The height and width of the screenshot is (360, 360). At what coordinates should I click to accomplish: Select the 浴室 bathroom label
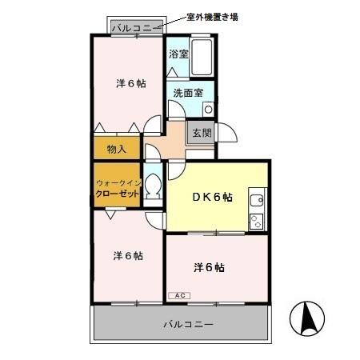click(178, 54)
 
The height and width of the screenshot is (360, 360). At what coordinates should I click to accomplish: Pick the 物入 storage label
click(116, 148)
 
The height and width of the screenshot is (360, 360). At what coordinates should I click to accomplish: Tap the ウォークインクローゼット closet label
click(118, 188)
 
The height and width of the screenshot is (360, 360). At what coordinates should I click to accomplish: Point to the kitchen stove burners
click(258, 219)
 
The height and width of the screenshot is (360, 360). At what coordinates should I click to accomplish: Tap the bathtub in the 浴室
click(202, 56)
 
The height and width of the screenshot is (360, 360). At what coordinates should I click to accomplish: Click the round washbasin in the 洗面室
click(208, 108)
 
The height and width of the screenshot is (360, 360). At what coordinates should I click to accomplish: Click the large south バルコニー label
click(188, 325)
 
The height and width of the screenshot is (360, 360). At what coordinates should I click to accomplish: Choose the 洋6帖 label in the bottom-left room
click(127, 256)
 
